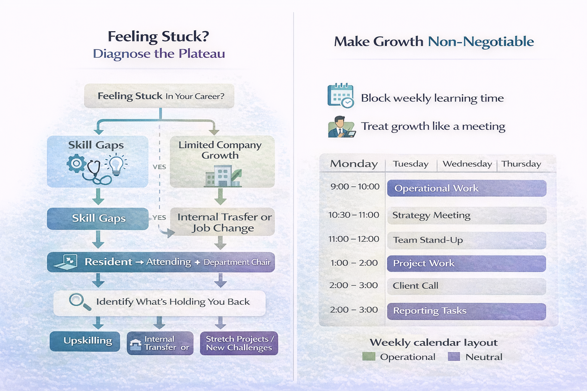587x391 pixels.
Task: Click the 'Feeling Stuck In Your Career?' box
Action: (159, 96)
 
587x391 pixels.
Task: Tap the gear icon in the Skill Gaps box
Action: (76, 163)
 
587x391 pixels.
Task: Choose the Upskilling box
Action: (85, 341)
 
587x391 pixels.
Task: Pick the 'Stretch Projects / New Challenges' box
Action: (239, 343)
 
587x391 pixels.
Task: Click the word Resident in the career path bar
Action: (108, 262)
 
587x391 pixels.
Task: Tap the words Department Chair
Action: (237, 262)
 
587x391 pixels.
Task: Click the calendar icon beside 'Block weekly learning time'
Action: (340, 96)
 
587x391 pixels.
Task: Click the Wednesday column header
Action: (467, 164)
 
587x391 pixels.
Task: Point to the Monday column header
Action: (354, 164)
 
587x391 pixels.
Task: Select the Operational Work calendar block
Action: (466, 188)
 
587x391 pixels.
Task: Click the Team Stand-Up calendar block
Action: (466, 240)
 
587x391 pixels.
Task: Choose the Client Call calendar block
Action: (466, 286)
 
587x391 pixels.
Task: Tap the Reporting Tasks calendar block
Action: (466, 311)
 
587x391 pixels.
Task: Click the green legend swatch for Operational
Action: (368, 357)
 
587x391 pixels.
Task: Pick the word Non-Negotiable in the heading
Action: (480, 42)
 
